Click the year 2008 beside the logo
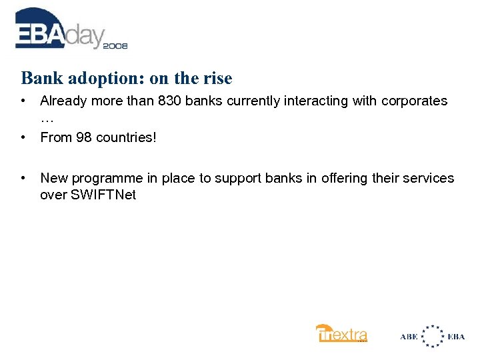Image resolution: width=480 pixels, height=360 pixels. [115, 46]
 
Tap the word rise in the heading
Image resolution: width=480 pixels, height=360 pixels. [217, 79]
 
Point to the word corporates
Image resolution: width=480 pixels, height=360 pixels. [415, 101]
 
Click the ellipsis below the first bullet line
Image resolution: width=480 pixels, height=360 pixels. [47, 119]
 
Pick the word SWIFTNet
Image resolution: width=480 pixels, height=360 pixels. [103, 196]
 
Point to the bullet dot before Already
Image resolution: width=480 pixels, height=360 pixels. [23, 101]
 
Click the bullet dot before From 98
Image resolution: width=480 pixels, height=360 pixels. [23, 138]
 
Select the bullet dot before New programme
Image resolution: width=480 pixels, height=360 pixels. [23, 178]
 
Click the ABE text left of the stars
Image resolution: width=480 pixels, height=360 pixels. [409, 336]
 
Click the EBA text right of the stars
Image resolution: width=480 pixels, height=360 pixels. [457, 336]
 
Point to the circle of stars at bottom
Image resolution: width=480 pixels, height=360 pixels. [433, 336]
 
